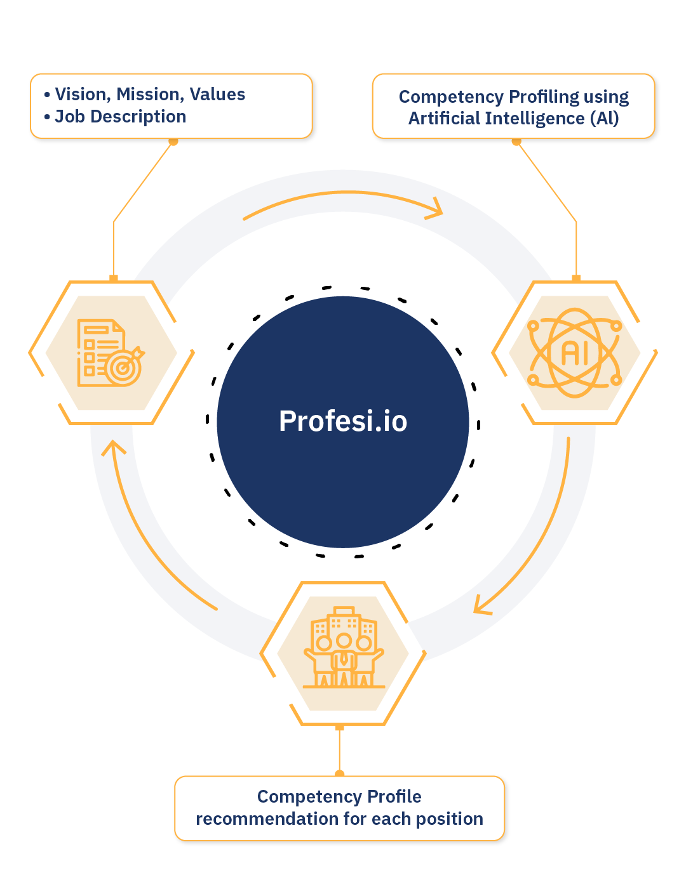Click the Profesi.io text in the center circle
(x=343, y=421)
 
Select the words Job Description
(x=121, y=117)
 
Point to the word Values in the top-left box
(x=217, y=95)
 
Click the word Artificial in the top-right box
(x=444, y=119)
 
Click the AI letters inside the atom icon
(x=575, y=353)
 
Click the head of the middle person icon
(x=344, y=640)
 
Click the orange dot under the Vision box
(x=173, y=141)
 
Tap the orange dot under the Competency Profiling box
(x=516, y=141)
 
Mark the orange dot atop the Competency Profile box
(x=340, y=773)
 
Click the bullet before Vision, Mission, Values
(x=47, y=95)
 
